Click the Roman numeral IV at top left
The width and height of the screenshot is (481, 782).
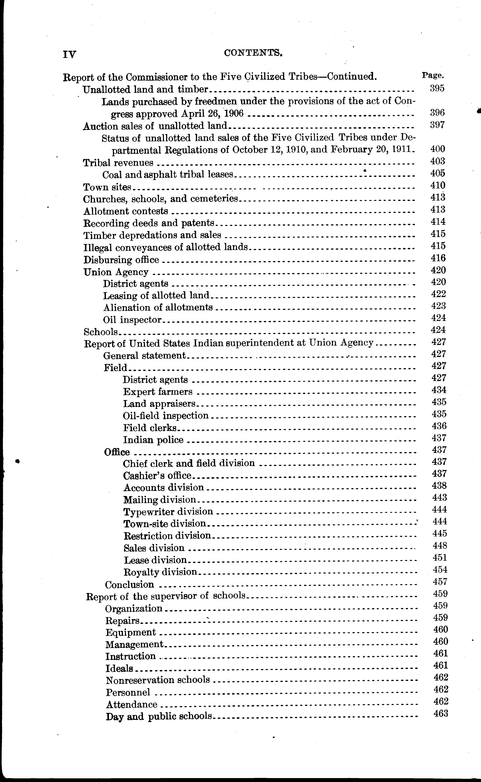point(69,54)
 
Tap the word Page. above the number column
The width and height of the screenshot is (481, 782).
point(433,76)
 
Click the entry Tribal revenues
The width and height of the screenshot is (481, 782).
point(118,163)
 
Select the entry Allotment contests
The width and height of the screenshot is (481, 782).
point(126,211)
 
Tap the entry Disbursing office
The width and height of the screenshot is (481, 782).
point(121,260)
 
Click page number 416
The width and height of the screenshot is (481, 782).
point(438,258)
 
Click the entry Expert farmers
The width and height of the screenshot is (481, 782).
point(158,392)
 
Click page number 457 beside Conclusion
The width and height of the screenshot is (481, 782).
point(440,582)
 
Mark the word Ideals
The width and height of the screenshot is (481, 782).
point(119,668)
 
